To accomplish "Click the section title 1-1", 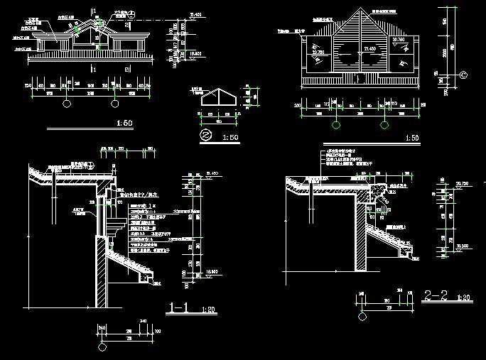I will coord(180,308).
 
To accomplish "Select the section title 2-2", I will coord(436,295).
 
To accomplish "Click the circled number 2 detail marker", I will coord(205,134).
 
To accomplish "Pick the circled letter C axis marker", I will coord(463,75).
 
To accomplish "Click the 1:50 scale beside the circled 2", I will coord(230,136).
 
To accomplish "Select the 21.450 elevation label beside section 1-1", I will coord(211,173).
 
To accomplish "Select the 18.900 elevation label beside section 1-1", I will coord(211,271).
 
